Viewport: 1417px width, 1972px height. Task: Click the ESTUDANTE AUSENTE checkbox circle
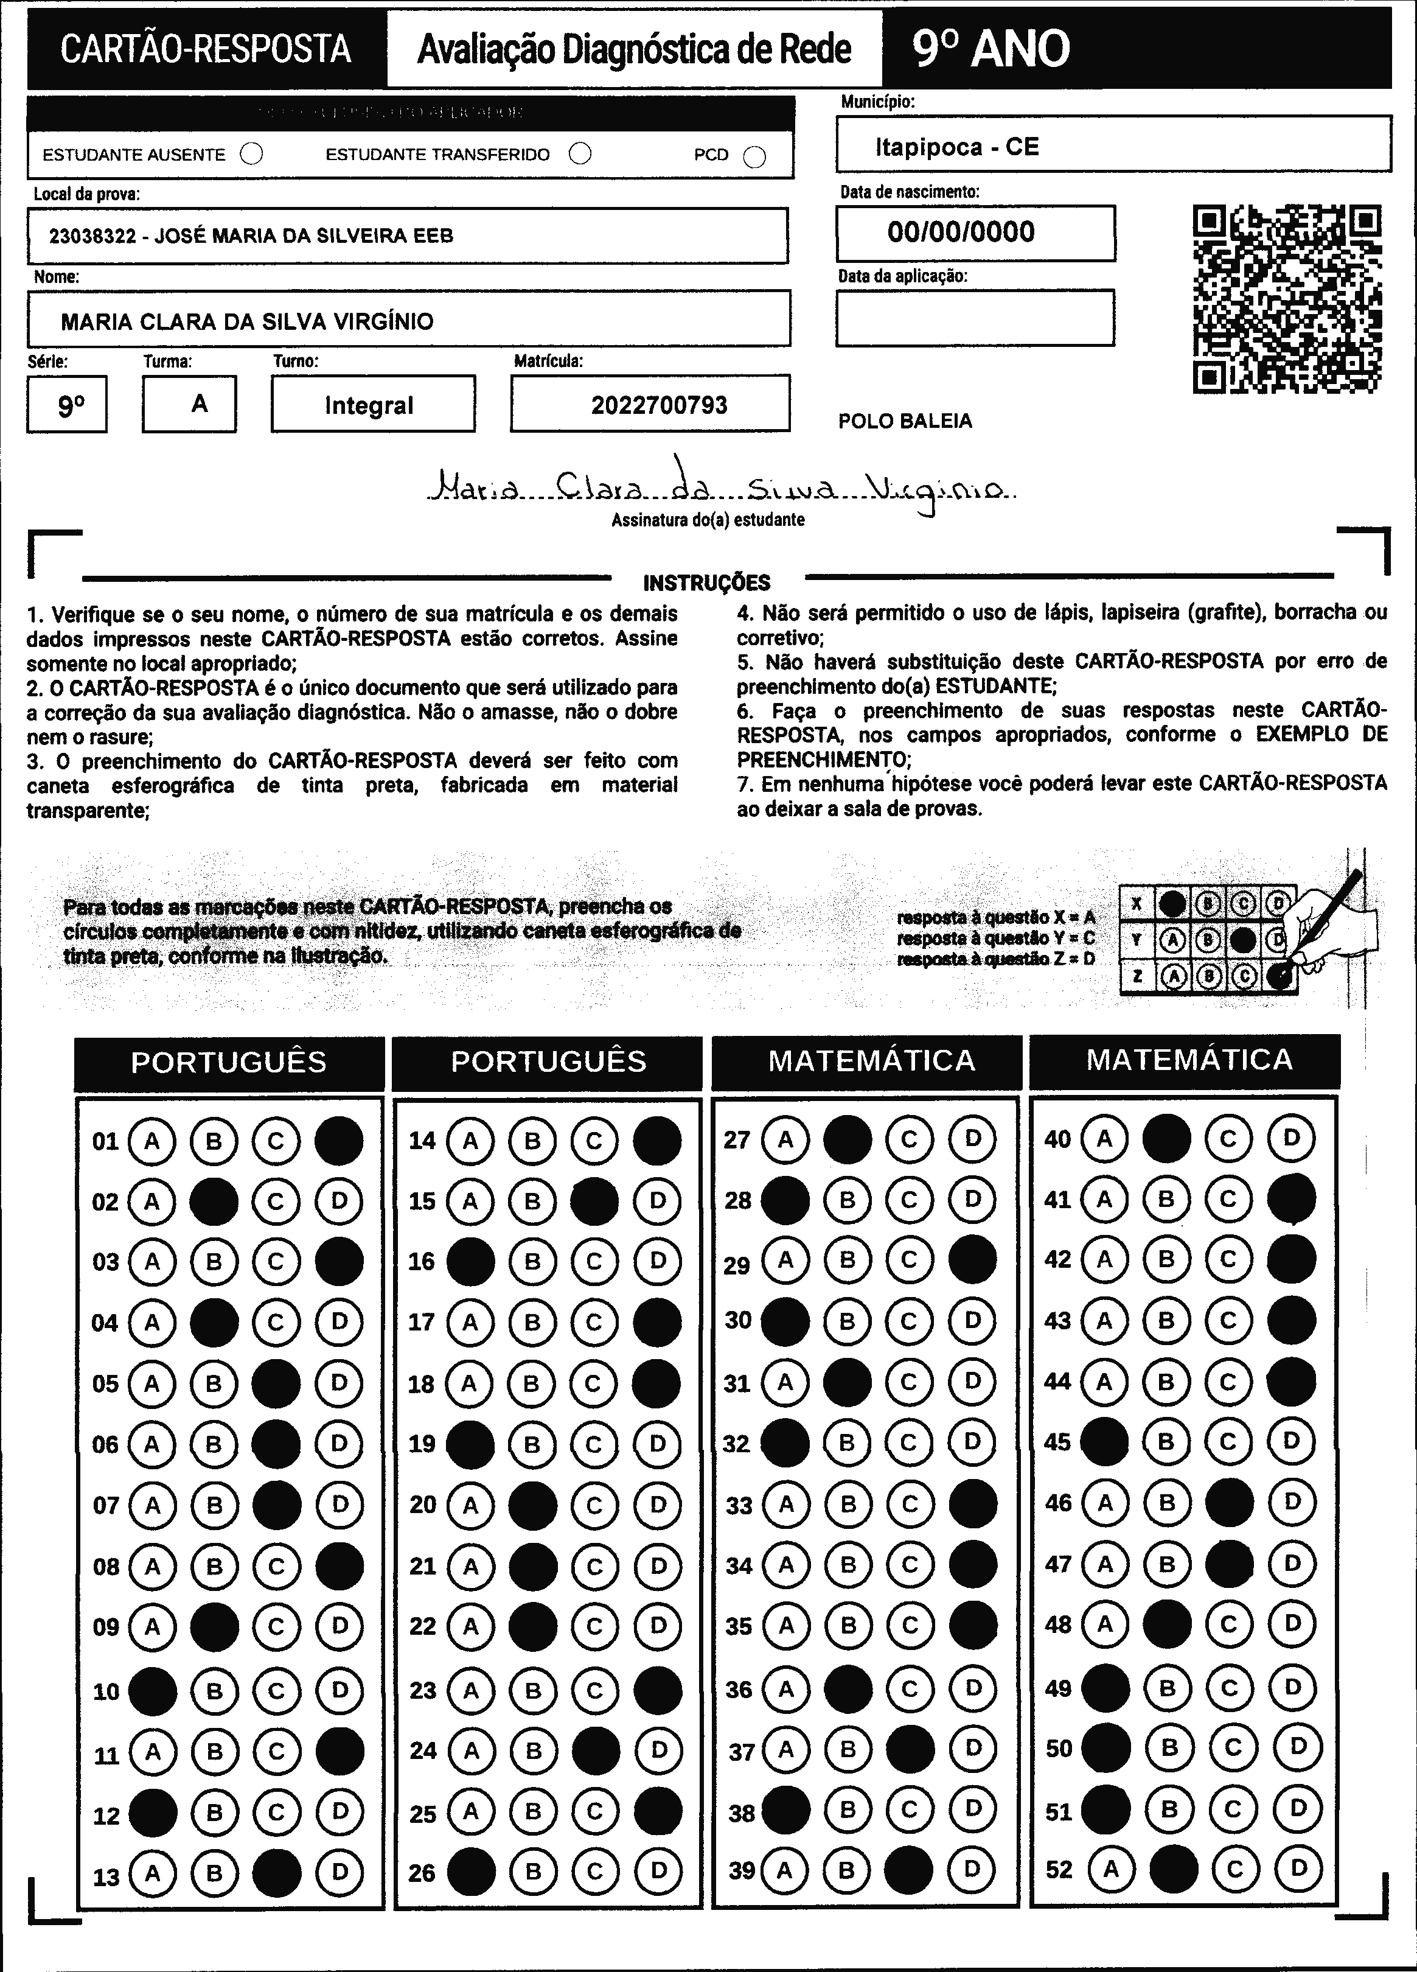click(251, 154)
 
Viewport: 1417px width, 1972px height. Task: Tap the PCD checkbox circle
click(754, 156)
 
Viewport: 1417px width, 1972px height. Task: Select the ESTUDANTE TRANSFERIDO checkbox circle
click(580, 154)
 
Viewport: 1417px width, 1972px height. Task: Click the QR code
click(1287, 298)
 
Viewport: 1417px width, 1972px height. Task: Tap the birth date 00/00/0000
click(961, 232)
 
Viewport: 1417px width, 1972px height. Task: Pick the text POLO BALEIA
click(905, 422)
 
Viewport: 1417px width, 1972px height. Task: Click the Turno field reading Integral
click(369, 405)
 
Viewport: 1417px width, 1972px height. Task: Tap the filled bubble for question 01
click(339, 1141)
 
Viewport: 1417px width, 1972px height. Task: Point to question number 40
click(1057, 1139)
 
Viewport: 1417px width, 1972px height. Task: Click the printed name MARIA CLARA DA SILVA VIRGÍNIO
click(247, 322)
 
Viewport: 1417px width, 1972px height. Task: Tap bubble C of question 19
click(594, 1444)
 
